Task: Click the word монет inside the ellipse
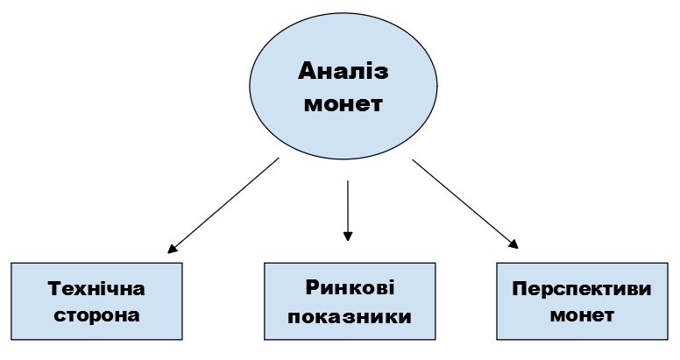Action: [343, 102]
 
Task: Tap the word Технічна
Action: [96, 288]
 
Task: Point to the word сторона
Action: [96, 314]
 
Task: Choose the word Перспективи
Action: [582, 288]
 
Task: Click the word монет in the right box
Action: [582, 314]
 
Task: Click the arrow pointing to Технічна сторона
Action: [223, 206]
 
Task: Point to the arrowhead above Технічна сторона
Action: [173, 248]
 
